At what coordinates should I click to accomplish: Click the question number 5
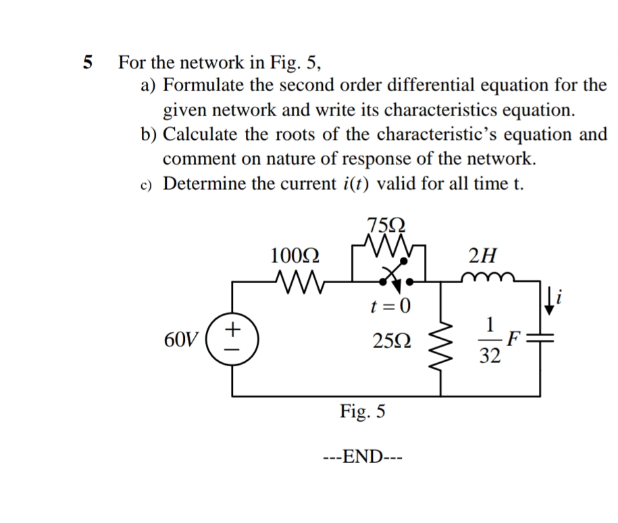click(86, 64)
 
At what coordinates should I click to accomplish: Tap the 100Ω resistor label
click(295, 256)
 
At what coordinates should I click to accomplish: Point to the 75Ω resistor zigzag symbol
click(386, 242)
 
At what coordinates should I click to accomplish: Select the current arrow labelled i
click(553, 298)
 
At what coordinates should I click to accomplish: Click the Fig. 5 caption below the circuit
click(363, 411)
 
